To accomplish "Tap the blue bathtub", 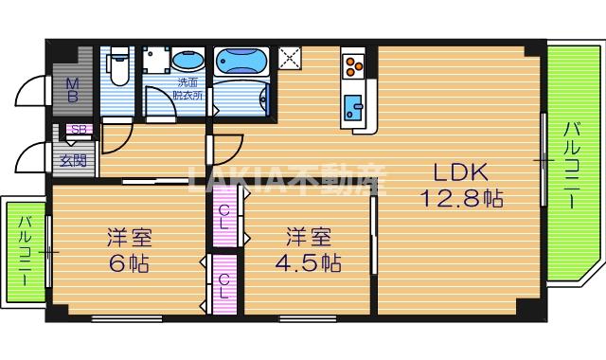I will [x=242, y=63].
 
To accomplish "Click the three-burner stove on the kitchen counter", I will [x=355, y=65].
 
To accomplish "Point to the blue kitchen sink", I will [x=355, y=105].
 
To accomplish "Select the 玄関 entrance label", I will [x=72, y=159].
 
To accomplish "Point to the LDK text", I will [x=460, y=173].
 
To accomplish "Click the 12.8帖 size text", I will [x=461, y=199].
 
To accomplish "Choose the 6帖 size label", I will [x=129, y=263].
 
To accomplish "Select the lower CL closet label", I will [x=225, y=285].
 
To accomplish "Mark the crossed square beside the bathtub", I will [x=290, y=57].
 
